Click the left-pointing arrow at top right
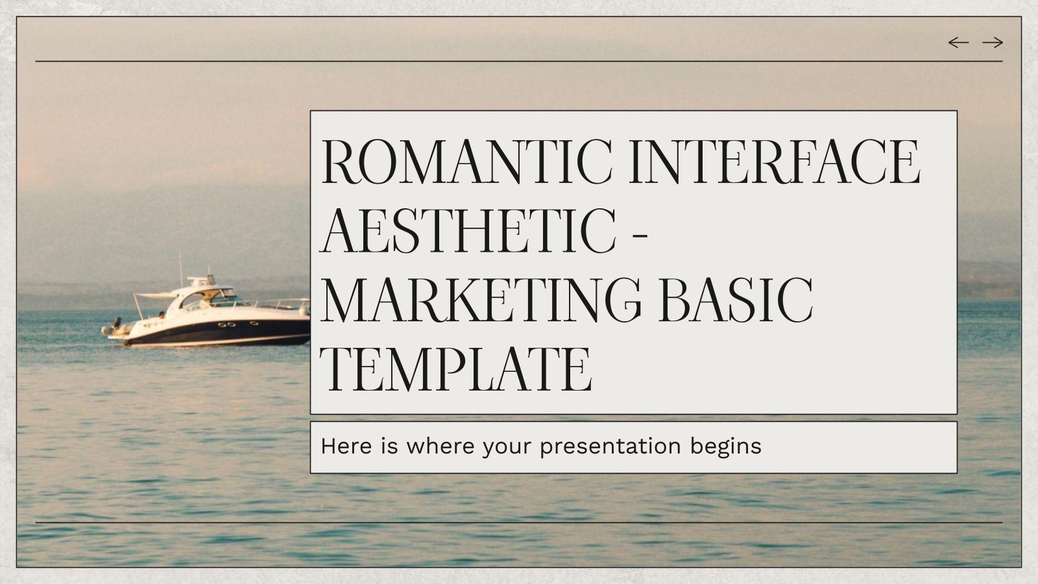pos(958,43)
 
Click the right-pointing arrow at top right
pos(993,43)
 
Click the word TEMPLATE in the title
pos(457,370)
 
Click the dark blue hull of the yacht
pos(214,332)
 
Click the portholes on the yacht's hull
pos(226,324)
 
